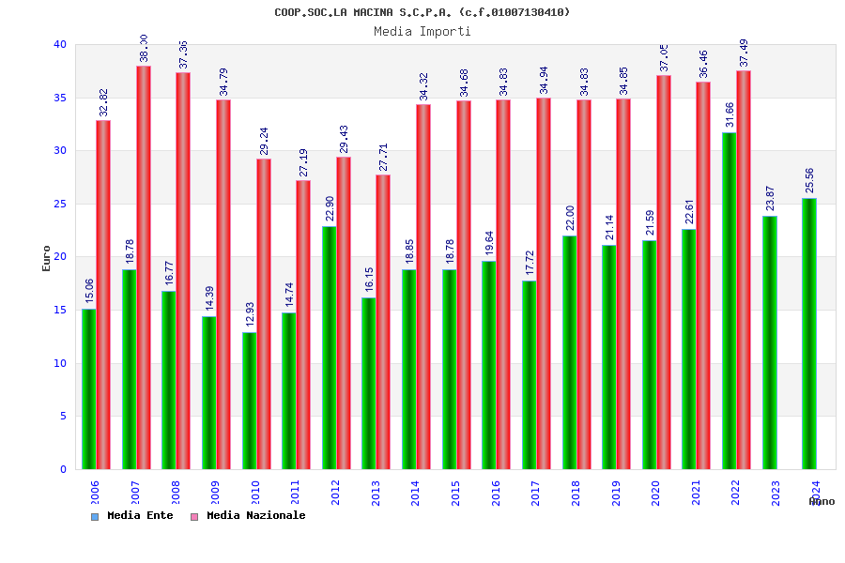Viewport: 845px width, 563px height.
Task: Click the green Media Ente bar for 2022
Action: [729, 300]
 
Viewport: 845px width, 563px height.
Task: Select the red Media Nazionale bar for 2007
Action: [144, 267]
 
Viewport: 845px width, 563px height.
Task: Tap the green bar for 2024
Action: [809, 333]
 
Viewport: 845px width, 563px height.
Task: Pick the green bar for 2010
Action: [249, 401]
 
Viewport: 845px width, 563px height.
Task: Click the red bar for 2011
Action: [303, 325]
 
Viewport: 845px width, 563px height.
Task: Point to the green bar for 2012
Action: [329, 347]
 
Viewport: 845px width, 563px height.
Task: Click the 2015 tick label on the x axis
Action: [456, 493]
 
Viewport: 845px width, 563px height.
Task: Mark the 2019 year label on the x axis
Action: [616, 493]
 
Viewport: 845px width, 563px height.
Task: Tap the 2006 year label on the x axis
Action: [96, 493]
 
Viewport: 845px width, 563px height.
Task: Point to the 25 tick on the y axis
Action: [60, 204]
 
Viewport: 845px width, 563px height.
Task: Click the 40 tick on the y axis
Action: [60, 44]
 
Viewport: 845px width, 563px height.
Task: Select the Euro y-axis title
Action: [47, 258]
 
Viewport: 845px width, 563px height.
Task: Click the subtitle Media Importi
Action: [422, 31]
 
